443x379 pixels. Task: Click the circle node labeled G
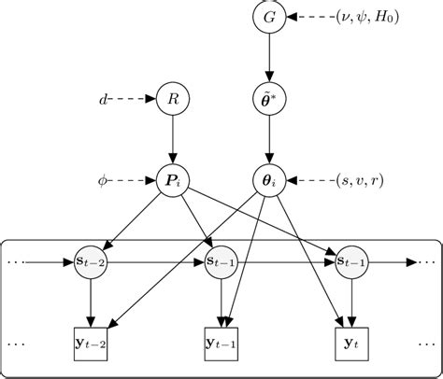tap(269, 17)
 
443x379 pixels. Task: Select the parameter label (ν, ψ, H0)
tap(367, 17)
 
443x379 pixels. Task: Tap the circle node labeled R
tap(173, 99)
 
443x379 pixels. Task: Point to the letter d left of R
tap(103, 100)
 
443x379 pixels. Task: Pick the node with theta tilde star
tap(269, 99)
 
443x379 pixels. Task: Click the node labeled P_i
tap(173, 180)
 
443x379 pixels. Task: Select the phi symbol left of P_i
tap(102, 181)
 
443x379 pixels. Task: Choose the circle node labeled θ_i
tap(269, 180)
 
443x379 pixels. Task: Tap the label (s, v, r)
tap(360, 180)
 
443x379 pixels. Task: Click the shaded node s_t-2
tap(91, 262)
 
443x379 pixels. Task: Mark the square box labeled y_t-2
tap(91, 344)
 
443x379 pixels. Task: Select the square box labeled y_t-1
tap(221, 344)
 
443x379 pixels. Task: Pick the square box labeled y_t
tap(352, 344)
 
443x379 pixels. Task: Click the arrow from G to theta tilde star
tap(269, 58)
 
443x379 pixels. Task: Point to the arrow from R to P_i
tap(173, 140)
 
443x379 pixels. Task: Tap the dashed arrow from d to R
tap(132, 99)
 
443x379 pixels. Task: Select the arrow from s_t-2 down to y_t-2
tap(91, 303)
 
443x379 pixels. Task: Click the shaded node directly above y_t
tap(352, 262)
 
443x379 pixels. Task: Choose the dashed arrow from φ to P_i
tap(132, 180)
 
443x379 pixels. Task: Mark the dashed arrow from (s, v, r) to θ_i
tap(311, 180)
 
